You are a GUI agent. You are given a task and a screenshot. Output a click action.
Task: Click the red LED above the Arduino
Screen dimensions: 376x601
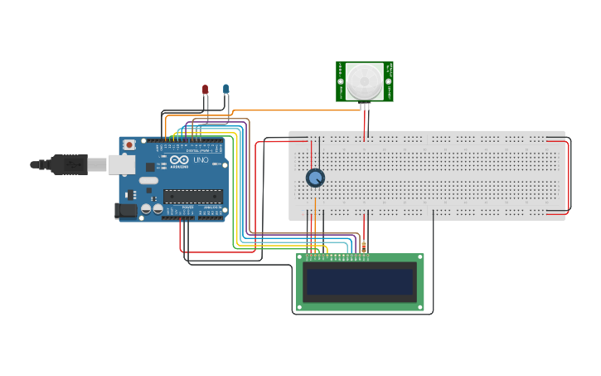[206, 89]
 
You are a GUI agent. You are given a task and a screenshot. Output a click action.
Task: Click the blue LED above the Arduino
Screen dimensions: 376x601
[225, 89]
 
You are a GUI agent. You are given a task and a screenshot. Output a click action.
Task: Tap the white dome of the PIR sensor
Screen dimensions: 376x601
[365, 80]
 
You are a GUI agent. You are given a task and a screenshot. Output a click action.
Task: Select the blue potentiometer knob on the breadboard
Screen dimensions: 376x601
[315, 178]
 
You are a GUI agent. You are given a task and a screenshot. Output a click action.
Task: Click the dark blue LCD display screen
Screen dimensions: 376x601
[360, 281]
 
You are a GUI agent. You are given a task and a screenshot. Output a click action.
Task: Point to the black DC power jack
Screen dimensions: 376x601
[126, 211]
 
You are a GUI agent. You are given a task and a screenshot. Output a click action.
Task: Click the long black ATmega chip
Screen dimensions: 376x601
[192, 196]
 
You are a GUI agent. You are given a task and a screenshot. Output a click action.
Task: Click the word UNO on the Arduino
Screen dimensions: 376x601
[201, 159]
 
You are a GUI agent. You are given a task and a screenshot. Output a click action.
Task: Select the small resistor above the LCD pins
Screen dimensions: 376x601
[363, 247]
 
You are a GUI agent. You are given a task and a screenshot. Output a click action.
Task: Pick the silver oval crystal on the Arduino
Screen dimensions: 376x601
[148, 180]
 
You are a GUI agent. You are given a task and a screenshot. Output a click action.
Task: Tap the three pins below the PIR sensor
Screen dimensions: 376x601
[365, 105]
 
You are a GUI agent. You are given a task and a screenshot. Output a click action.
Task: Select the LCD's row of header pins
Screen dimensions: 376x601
[336, 257]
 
